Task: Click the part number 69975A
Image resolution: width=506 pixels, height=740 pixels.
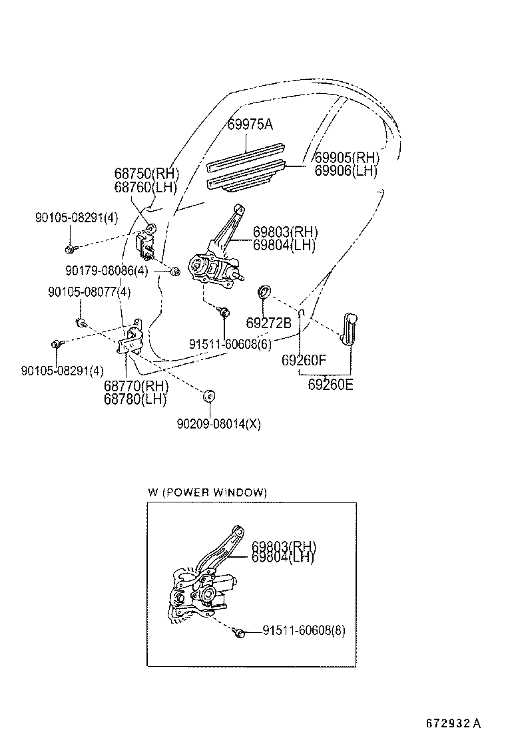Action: pyautogui.click(x=250, y=124)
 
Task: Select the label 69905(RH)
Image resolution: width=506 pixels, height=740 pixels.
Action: pyautogui.click(x=346, y=158)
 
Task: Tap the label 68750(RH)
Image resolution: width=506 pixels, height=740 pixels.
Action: pyautogui.click(x=146, y=174)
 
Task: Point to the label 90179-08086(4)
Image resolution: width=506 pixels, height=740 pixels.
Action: pyautogui.click(x=107, y=270)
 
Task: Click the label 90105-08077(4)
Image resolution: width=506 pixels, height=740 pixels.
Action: pyautogui.click(x=89, y=291)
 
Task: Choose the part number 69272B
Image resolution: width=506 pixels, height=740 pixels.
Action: pyautogui.click(x=268, y=323)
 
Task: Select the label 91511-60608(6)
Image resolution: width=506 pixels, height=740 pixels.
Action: pyautogui.click(x=230, y=344)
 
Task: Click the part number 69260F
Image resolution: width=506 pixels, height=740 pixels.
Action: pyautogui.click(x=304, y=361)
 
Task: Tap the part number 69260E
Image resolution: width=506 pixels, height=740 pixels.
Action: pyautogui.click(x=330, y=384)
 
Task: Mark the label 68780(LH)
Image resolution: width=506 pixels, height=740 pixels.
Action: pyautogui.click(x=135, y=399)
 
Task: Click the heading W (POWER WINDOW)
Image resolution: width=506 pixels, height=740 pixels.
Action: pyautogui.click(x=207, y=492)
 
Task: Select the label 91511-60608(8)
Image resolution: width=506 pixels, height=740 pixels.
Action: pyautogui.click(x=304, y=630)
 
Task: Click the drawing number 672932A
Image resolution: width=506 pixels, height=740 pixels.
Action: pyautogui.click(x=453, y=723)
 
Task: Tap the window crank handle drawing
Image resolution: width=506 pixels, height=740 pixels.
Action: pyautogui.click(x=350, y=328)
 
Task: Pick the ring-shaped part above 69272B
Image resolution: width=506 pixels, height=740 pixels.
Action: pyautogui.click(x=264, y=291)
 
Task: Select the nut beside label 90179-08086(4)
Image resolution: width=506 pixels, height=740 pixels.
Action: pyautogui.click(x=174, y=271)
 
